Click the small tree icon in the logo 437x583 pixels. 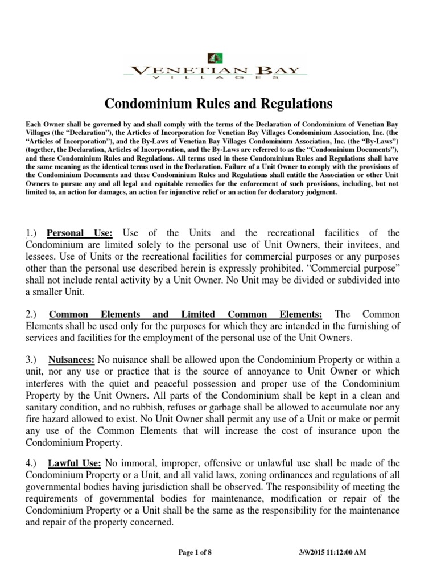pos(216,58)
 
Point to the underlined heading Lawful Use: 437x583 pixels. pos(75,463)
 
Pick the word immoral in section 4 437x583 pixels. pos(137,463)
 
